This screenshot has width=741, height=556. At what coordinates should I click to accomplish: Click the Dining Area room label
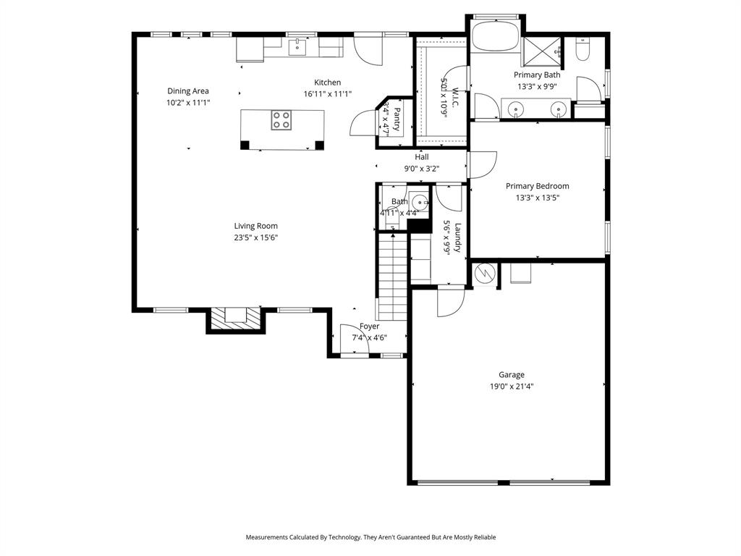(x=188, y=91)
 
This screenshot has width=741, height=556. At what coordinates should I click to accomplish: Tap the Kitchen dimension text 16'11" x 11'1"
(x=327, y=94)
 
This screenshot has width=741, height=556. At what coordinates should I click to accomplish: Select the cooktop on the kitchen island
(x=281, y=120)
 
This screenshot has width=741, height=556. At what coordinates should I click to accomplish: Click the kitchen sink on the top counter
(x=297, y=47)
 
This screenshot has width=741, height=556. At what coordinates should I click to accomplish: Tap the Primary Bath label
(x=536, y=75)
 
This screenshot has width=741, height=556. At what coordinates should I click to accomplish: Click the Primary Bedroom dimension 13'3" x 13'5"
(x=537, y=198)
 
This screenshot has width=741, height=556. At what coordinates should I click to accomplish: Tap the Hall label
(x=421, y=157)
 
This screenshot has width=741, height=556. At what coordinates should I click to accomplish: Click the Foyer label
(x=369, y=327)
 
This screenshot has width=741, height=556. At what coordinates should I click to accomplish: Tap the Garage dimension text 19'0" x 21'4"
(x=511, y=387)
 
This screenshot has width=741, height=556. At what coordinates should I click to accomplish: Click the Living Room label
(x=255, y=226)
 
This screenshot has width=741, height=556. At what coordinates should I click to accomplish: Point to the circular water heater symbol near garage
(x=484, y=274)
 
